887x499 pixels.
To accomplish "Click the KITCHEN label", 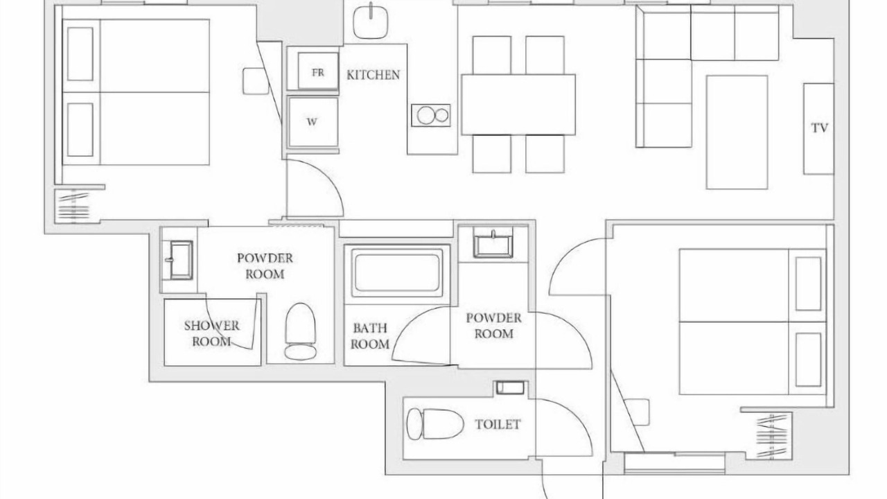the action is (373, 75).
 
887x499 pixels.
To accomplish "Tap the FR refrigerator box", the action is (318, 71).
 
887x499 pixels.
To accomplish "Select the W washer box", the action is (313, 122).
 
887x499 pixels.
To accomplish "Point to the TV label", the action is (820, 128).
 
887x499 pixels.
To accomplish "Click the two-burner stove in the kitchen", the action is (431, 115).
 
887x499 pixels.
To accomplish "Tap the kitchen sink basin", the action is (370, 21).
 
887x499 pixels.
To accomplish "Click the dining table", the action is (518, 105).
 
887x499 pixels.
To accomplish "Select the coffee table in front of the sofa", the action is (737, 132).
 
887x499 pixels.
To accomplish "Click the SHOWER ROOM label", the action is (211, 333).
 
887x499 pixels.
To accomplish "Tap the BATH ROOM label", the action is (370, 336).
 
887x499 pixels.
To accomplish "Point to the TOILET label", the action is (498, 425).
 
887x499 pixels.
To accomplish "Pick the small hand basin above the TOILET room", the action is (511, 387).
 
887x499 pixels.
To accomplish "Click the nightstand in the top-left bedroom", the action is (256, 81).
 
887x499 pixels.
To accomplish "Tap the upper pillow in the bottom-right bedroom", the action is (808, 283).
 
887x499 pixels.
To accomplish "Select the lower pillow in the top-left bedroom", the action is (80, 130).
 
